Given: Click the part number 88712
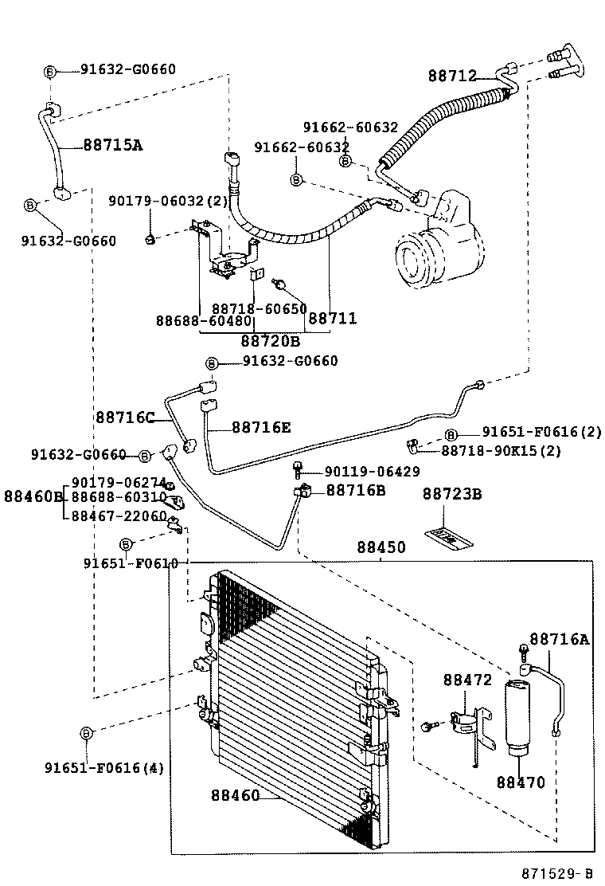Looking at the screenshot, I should tap(451, 76).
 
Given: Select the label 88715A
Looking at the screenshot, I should tap(112, 145).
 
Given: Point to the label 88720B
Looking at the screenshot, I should tap(270, 340).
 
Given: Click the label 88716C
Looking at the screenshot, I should tap(124, 417).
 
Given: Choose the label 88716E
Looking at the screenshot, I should tap(261, 428).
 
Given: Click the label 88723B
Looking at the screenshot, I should tap(452, 495).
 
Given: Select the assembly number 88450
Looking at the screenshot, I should tap(381, 548).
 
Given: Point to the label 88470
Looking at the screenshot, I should tap(521, 782).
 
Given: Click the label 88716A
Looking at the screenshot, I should tap(560, 638).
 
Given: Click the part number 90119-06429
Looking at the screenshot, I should tap(372, 472).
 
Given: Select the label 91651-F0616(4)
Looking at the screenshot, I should tap(103, 768).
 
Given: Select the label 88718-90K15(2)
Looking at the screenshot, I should tap(502, 451).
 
